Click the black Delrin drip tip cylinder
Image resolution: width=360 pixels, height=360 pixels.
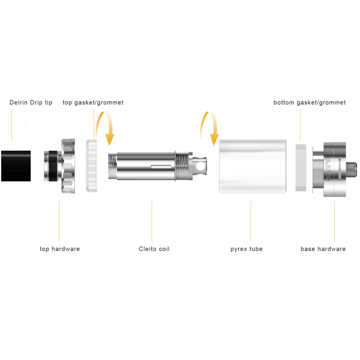click(16, 166)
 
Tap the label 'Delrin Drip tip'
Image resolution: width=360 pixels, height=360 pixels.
click(31, 103)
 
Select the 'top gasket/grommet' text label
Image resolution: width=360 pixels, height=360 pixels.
click(93, 103)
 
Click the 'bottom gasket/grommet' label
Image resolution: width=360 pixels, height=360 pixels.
click(310, 103)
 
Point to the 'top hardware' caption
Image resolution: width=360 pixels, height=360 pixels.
click(59, 249)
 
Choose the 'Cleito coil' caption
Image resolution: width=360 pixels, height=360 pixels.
click(154, 249)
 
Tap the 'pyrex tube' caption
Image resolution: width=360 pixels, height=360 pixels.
click(247, 249)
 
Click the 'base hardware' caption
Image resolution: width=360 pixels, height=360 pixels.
click(323, 249)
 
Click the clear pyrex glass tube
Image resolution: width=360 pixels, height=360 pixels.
click(253, 166)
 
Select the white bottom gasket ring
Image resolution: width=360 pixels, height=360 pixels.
click(301, 168)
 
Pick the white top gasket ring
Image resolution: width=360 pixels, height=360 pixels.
click(91, 166)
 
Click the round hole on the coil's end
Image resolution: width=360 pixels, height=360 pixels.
click(201, 166)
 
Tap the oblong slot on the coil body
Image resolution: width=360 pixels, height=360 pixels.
click(161, 166)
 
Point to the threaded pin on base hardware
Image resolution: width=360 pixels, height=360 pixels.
click(351, 169)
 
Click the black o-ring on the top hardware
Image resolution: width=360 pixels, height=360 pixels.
click(53, 166)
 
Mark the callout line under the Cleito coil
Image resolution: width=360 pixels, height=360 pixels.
click(152, 221)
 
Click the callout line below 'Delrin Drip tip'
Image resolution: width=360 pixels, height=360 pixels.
click(12, 125)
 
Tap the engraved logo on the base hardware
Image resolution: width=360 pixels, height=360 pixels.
click(328, 169)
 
